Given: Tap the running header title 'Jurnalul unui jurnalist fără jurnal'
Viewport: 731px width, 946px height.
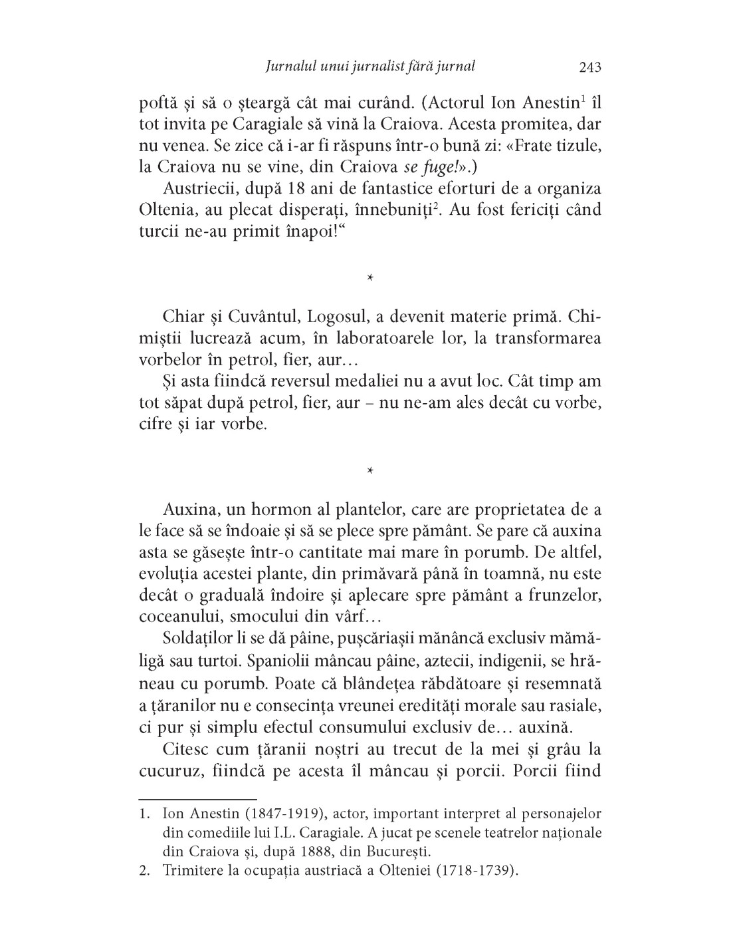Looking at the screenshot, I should [x=370, y=67].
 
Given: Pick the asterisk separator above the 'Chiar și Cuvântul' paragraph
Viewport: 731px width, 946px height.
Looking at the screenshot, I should [x=370, y=277].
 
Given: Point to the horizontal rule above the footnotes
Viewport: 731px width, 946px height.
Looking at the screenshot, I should [x=197, y=798].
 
